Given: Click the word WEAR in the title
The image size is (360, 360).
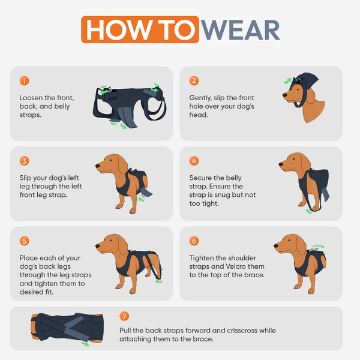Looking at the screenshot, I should (x=239, y=29).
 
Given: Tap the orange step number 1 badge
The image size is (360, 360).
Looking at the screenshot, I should (x=25, y=80).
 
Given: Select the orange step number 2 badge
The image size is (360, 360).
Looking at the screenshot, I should (x=194, y=80).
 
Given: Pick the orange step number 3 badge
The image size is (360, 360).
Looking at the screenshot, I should (x=25, y=161).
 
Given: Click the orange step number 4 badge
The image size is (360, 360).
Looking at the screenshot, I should (x=194, y=161).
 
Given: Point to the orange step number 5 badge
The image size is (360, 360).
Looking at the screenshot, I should (x=25, y=241).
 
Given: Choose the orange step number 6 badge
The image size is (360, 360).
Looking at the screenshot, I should (x=194, y=241).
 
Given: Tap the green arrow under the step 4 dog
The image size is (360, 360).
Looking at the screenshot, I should (x=310, y=211).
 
